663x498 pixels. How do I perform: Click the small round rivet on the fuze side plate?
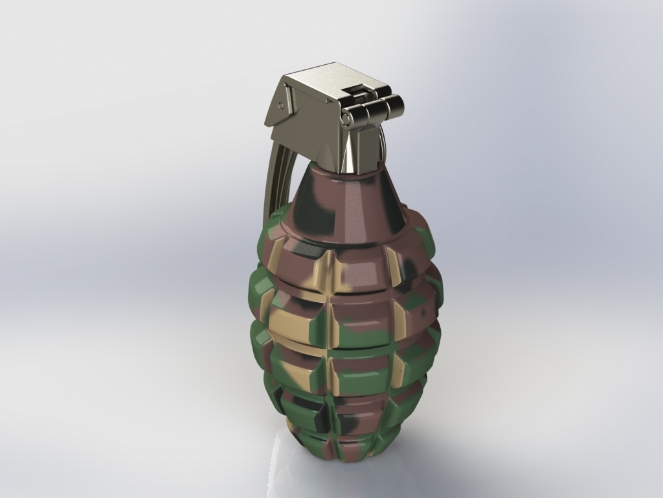click(281, 103)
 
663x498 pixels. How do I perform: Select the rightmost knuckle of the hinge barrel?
click(392, 104)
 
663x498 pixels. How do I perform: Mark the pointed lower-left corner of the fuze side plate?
click(267, 124)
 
